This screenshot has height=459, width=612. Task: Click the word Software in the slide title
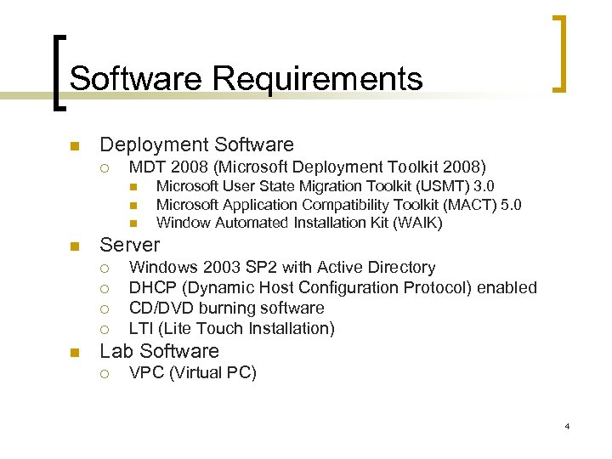[x=137, y=79]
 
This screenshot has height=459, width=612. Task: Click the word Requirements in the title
[x=318, y=79]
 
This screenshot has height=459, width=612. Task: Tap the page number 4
[x=567, y=425]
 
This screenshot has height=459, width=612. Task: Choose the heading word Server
[x=130, y=245]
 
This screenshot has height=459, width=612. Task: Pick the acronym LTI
[x=141, y=328]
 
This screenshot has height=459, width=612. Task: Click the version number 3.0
[x=484, y=186]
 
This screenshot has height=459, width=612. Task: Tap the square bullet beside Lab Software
[x=75, y=351]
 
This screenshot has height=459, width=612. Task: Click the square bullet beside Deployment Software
[x=75, y=144]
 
